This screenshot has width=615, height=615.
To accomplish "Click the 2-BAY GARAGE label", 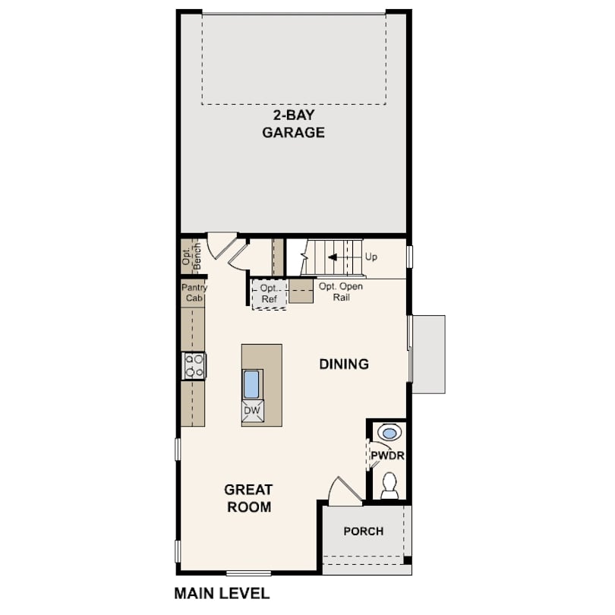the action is click(x=293, y=124).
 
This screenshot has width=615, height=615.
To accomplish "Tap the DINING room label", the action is click(x=344, y=364).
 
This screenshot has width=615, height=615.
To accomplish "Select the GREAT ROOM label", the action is click(x=249, y=498).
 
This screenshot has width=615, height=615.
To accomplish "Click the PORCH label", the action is click(x=364, y=531).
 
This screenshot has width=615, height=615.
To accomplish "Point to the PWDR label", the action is click(x=387, y=456).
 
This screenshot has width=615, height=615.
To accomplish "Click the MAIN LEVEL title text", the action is click(x=222, y=593).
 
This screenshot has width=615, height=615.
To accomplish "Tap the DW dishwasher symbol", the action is click(x=252, y=411).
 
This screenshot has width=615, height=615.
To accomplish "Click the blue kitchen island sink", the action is click(x=251, y=384).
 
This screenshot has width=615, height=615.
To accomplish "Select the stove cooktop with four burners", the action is click(x=194, y=366).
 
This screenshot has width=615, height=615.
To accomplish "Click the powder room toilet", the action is click(x=389, y=486).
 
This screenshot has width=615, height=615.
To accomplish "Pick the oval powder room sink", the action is click(x=389, y=433).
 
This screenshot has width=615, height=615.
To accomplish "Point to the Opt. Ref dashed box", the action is click(x=269, y=294).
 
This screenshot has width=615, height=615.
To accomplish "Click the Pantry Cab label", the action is click(x=194, y=292).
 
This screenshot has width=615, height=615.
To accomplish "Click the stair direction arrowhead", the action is click(x=333, y=257).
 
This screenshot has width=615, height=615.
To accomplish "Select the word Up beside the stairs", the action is click(x=371, y=257).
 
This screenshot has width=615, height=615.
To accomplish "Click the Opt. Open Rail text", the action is click(x=341, y=292).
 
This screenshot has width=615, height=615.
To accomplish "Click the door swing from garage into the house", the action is click(x=222, y=245).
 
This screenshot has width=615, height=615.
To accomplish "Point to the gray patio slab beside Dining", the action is click(x=428, y=354).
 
